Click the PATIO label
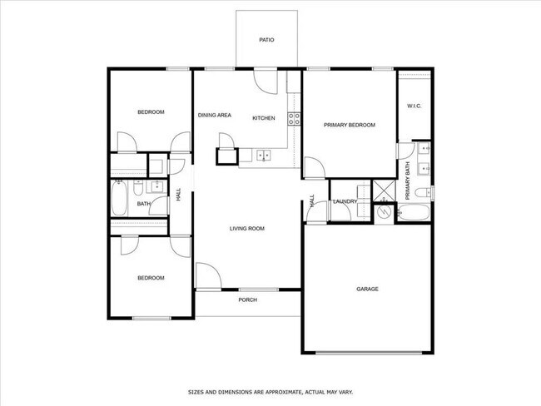(266, 39)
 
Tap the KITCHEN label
(264, 118)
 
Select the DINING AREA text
(215, 115)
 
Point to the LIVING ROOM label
(247, 228)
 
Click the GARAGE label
(367, 289)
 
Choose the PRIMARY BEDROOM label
(349, 125)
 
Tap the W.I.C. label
(414, 106)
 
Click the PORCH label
(247, 300)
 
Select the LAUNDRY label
(345, 201)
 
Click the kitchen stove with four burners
(293, 117)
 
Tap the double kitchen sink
(264, 155)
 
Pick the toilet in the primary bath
(422, 192)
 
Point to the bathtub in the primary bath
(414, 213)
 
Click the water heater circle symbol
(383, 212)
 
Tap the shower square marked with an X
(383, 190)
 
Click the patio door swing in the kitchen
(266, 82)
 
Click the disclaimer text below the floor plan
(270, 390)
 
